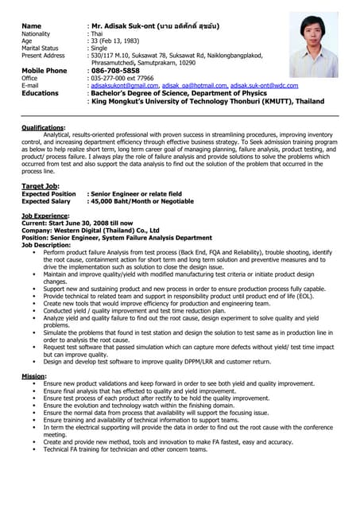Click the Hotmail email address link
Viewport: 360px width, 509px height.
click(x=195, y=86)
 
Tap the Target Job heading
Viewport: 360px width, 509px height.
click(x=40, y=185)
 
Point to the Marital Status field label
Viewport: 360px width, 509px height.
click(x=40, y=49)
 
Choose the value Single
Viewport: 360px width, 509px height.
click(x=99, y=49)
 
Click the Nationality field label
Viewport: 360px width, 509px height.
click(x=36, y=34)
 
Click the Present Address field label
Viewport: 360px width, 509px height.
click(x=44, y=56)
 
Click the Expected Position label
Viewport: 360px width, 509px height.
click(x=48, y=194)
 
